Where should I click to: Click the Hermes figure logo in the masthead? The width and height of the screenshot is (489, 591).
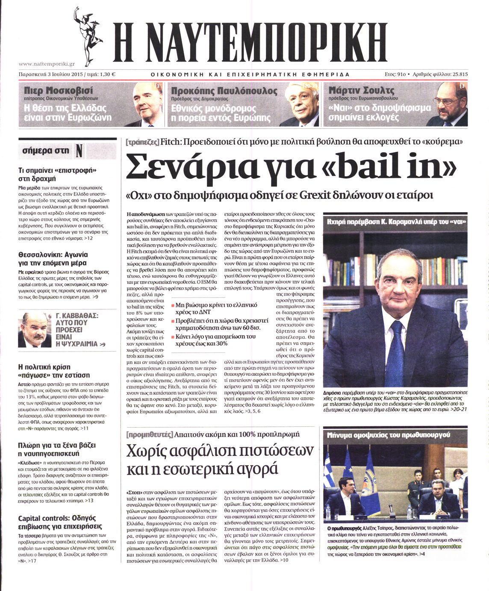tap(87, 36)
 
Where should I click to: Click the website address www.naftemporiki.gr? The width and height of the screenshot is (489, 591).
tap(47, 64)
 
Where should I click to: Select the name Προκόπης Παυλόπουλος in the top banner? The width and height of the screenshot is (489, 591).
tap(224, 91)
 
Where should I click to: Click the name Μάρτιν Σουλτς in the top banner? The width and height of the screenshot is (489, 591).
tap(361, 91)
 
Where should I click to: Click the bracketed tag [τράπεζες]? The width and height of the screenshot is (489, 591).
tap(142, 142)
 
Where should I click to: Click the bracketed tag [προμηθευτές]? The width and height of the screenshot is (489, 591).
tap(150, 434)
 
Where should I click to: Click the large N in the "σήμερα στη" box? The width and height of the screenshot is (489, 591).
tap(79, 151)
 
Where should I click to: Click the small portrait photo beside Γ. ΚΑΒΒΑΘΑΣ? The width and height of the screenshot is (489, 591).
tap(35, 330)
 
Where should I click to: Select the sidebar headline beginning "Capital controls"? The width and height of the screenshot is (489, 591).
tap(60, 522)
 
